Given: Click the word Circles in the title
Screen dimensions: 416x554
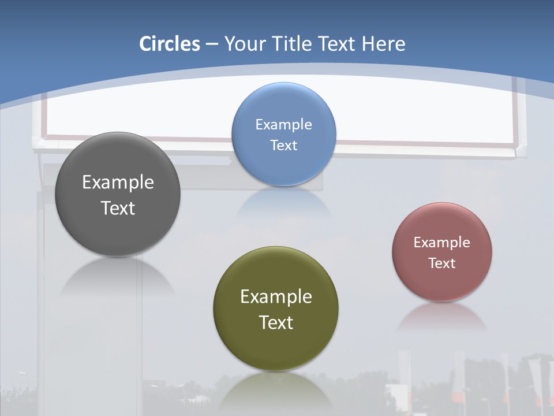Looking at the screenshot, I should tap(170, 44).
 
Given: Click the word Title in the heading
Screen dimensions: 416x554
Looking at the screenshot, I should tap(294, 44).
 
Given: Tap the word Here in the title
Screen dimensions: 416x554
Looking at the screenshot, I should tap(383, 44).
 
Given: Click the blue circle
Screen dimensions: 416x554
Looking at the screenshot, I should tap(284, 104).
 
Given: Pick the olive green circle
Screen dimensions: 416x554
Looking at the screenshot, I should tap(276, 347).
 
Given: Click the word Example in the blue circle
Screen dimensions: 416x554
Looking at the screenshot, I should tap(284, 124).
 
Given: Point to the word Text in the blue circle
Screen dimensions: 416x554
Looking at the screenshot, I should tap(284, 145).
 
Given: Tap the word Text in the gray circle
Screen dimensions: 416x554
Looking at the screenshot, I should tap(118, 208).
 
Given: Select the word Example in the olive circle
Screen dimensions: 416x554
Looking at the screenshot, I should tap(276, 296).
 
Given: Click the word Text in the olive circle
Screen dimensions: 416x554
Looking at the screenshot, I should tap(276, 322).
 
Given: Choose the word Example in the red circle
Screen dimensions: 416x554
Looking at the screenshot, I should tap(442, 242).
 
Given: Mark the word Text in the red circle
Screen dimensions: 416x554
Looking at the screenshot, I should tap(442, 263).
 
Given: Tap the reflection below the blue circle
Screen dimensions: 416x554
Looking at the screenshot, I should tap(284, 202).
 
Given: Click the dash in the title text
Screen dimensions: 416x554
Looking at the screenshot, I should tap(212, 44).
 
